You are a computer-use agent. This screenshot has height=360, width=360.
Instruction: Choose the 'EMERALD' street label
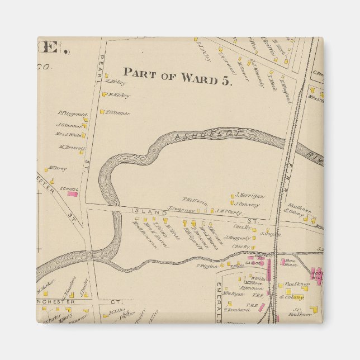(x=219, y=302)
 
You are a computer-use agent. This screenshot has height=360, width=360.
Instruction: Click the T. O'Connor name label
(x=118, y=113)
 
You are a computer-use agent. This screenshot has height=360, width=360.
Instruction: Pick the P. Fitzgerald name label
(x=69, y=113)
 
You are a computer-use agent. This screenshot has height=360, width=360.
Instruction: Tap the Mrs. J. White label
(x=68, y=135)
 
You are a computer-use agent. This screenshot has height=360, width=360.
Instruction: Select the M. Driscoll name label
(x=70, y=148)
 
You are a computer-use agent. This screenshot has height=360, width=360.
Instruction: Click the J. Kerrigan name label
(x=249, y=196)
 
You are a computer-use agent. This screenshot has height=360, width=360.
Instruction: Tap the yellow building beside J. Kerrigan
(x=232, y=196)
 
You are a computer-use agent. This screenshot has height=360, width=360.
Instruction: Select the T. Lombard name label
(x=235, y=310)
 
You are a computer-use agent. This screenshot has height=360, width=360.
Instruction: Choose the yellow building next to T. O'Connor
(x=102, y=112)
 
